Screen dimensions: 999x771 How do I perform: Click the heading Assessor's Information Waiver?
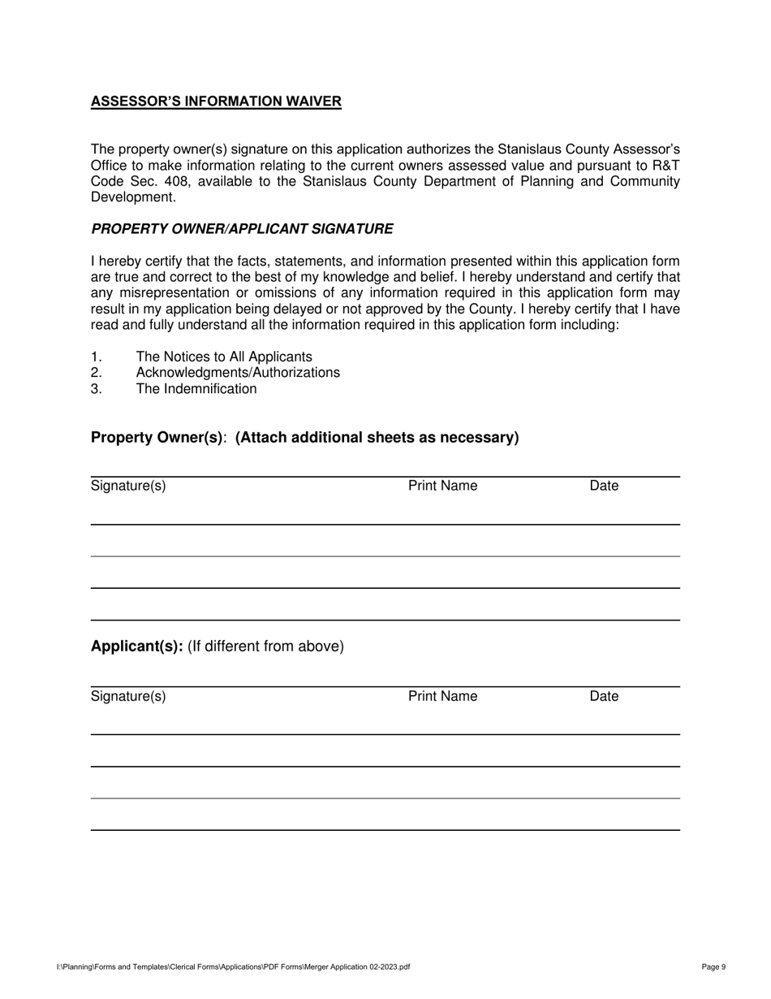pyautogui.click(x=216, y=102)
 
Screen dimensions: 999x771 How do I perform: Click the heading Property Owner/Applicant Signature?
pyautogui.click(x=242, y=229)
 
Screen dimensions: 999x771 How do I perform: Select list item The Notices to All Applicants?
pyautogui.click(x=223, y=357)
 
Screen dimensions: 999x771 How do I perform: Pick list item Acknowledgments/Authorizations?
pyautogui.click(x=238, y=373)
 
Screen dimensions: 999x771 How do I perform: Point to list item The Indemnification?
pyautogui.click(x=196, y=389)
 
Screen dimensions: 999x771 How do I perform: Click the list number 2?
pyautogui.click(x=96, y=373)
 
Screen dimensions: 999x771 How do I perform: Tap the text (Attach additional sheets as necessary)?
pyautogui.click(x=377, y=438)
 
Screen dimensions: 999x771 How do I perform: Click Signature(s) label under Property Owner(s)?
pyautogui.click(x=128, y=487)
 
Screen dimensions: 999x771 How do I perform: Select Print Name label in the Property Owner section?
pyautogui.click(x=442, y=487)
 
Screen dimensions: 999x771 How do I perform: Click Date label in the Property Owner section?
pyautogui.click(x=604, y=487)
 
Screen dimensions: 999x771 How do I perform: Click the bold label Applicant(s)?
pyautogui.click(x=136, y=647)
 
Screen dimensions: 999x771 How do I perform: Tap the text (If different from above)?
pyautogui.click(x=265, y=647)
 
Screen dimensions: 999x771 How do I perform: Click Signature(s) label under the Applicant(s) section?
pyautogui.click(x=128, y=697)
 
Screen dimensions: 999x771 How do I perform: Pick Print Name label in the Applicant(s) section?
pyautogui.click(x=442, y=697)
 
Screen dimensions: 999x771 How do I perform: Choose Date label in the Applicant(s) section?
pyautogui.click(x=604, y=697)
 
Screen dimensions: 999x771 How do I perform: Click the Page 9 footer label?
pyautogui.click(x=713, y=967)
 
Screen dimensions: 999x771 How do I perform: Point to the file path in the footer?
pyautogui.click(x=233, y=967)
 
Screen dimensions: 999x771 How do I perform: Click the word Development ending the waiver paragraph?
pyautogui.click(x=133, y=197)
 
